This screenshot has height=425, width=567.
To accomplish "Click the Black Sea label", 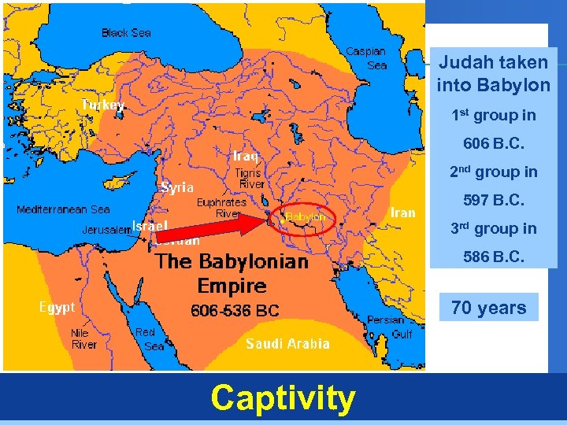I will [127, 33].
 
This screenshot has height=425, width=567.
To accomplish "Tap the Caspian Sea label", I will [366, 58].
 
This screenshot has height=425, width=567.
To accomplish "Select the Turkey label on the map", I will [102, 105].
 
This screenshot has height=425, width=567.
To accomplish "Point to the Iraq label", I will [246, 156].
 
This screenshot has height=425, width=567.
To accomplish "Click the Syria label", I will [177, 188].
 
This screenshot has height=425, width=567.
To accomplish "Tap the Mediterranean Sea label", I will [63, 210].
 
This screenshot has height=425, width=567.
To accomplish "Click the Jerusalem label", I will [106, 231].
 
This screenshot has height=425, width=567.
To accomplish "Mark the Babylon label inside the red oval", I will [306, 216].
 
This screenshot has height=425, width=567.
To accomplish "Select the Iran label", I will [402, 213].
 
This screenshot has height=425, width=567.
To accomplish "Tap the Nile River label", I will [84, 339].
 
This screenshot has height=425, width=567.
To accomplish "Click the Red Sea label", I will [150, 339].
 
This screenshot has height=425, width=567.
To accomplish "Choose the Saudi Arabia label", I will [287, 343].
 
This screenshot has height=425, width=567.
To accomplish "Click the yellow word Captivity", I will [283, 398].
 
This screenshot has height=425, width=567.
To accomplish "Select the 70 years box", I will [489, 308].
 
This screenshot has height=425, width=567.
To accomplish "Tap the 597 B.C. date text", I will [494, 200].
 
